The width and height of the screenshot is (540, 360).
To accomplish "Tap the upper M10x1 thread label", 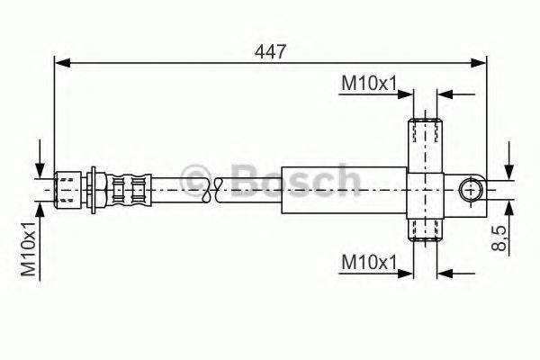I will tap(369, 84).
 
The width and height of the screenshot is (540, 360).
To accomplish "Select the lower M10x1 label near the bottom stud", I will tap(369, 262).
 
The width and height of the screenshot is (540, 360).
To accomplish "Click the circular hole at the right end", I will tap(470, 190).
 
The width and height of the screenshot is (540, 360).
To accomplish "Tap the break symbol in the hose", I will tap(212, 189).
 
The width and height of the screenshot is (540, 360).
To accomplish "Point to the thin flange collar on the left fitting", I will tap(96, 189).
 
